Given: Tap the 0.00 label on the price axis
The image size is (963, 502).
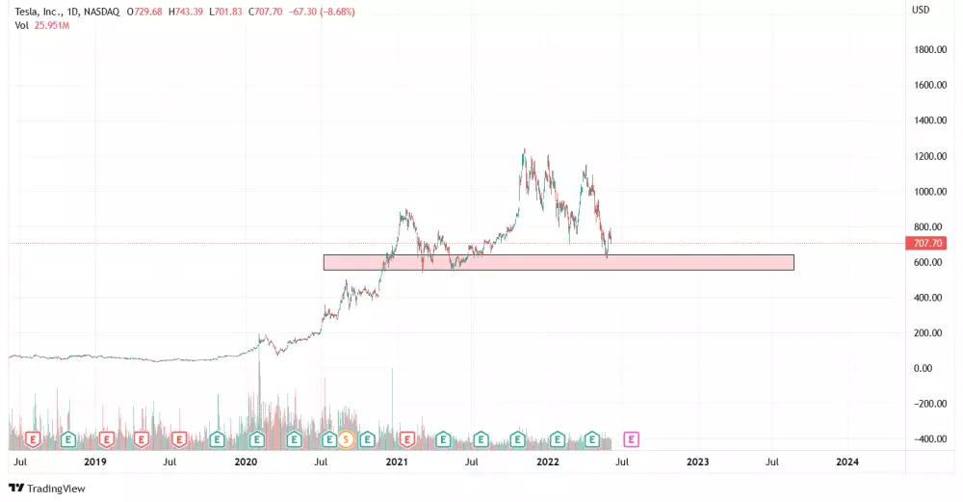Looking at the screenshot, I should [x=922, y=368].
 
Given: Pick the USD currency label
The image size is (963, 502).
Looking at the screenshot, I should [x=920, y=10].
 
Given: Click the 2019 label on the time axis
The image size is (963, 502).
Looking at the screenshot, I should [x=94, y=462].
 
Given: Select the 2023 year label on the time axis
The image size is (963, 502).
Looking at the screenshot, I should [x=697, y=462].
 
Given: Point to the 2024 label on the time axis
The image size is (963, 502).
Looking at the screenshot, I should [x=847, y=462].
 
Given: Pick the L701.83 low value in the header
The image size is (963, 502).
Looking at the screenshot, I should [x=228, y=10].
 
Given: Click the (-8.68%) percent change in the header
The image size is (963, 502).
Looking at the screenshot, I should [x=336, y=10].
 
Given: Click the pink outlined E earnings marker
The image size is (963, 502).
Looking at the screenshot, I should [x=632, y=439].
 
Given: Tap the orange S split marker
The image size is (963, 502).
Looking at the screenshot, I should [x=344, y=439].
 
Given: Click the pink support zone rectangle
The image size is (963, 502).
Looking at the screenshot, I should [x=559, y=262].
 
